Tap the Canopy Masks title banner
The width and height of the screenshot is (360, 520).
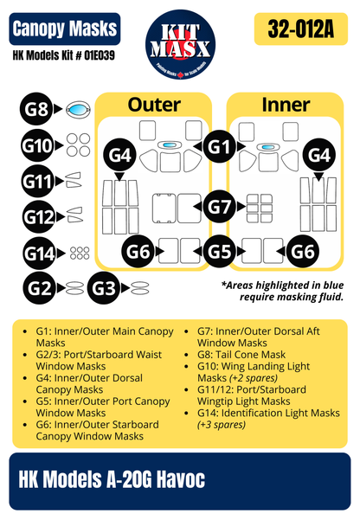pos(65,29)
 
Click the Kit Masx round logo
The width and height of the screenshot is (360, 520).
pos(179,44)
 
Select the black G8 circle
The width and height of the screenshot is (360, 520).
pos(36,110)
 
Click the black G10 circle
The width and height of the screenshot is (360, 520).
pos(38,146)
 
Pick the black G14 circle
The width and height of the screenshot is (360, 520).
pos(38,254)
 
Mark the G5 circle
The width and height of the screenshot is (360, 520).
pos(222,252)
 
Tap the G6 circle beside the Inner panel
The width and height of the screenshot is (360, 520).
pos(305,252)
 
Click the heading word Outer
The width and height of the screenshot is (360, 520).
pos(154,106)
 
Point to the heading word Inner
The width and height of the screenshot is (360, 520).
pos(286,106)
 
